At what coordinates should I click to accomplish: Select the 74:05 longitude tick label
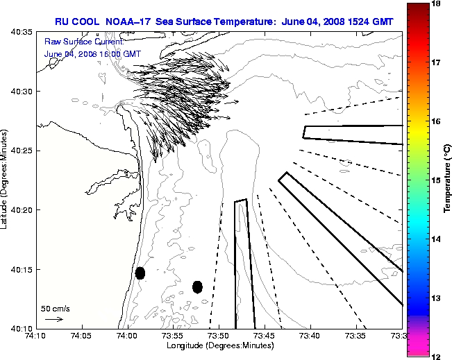point(81,336)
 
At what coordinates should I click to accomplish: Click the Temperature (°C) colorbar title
point(447,180)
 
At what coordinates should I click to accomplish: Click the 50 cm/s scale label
point(56,309)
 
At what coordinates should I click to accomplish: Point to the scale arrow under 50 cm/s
point(53,319)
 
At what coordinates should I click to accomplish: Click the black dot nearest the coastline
point(140,273)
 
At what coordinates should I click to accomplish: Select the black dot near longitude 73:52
point(197,286)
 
